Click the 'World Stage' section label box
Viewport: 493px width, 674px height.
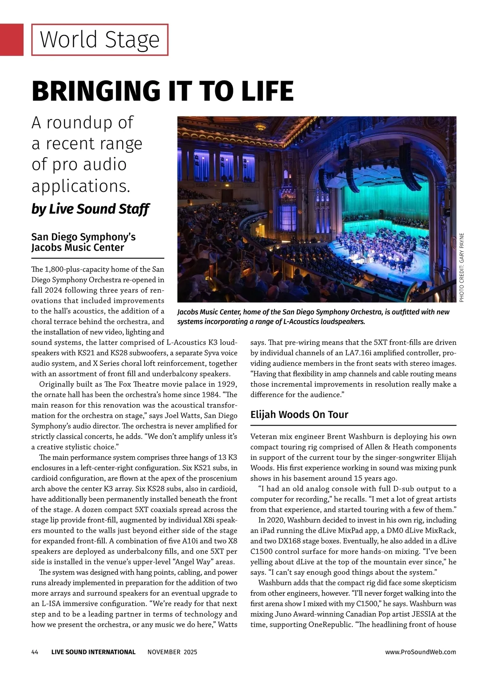click(x=100, y=40)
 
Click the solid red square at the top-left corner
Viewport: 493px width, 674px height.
click(x=12, y=40)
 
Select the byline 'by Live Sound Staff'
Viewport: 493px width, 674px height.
click(x=90, y=209)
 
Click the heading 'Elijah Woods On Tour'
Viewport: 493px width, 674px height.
click(x=299, y=414)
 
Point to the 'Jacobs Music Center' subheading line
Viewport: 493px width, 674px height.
click(x=78, y=248)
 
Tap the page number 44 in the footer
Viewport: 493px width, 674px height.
click(x=35, y=652)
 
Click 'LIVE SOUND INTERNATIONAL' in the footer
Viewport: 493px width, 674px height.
click(x=93, y=652)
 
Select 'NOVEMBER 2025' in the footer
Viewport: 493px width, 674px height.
click(x=172, y=652)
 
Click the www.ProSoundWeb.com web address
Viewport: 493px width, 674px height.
click(x=421, y=652)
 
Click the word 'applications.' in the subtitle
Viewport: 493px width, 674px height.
click(x=81, y=186)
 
